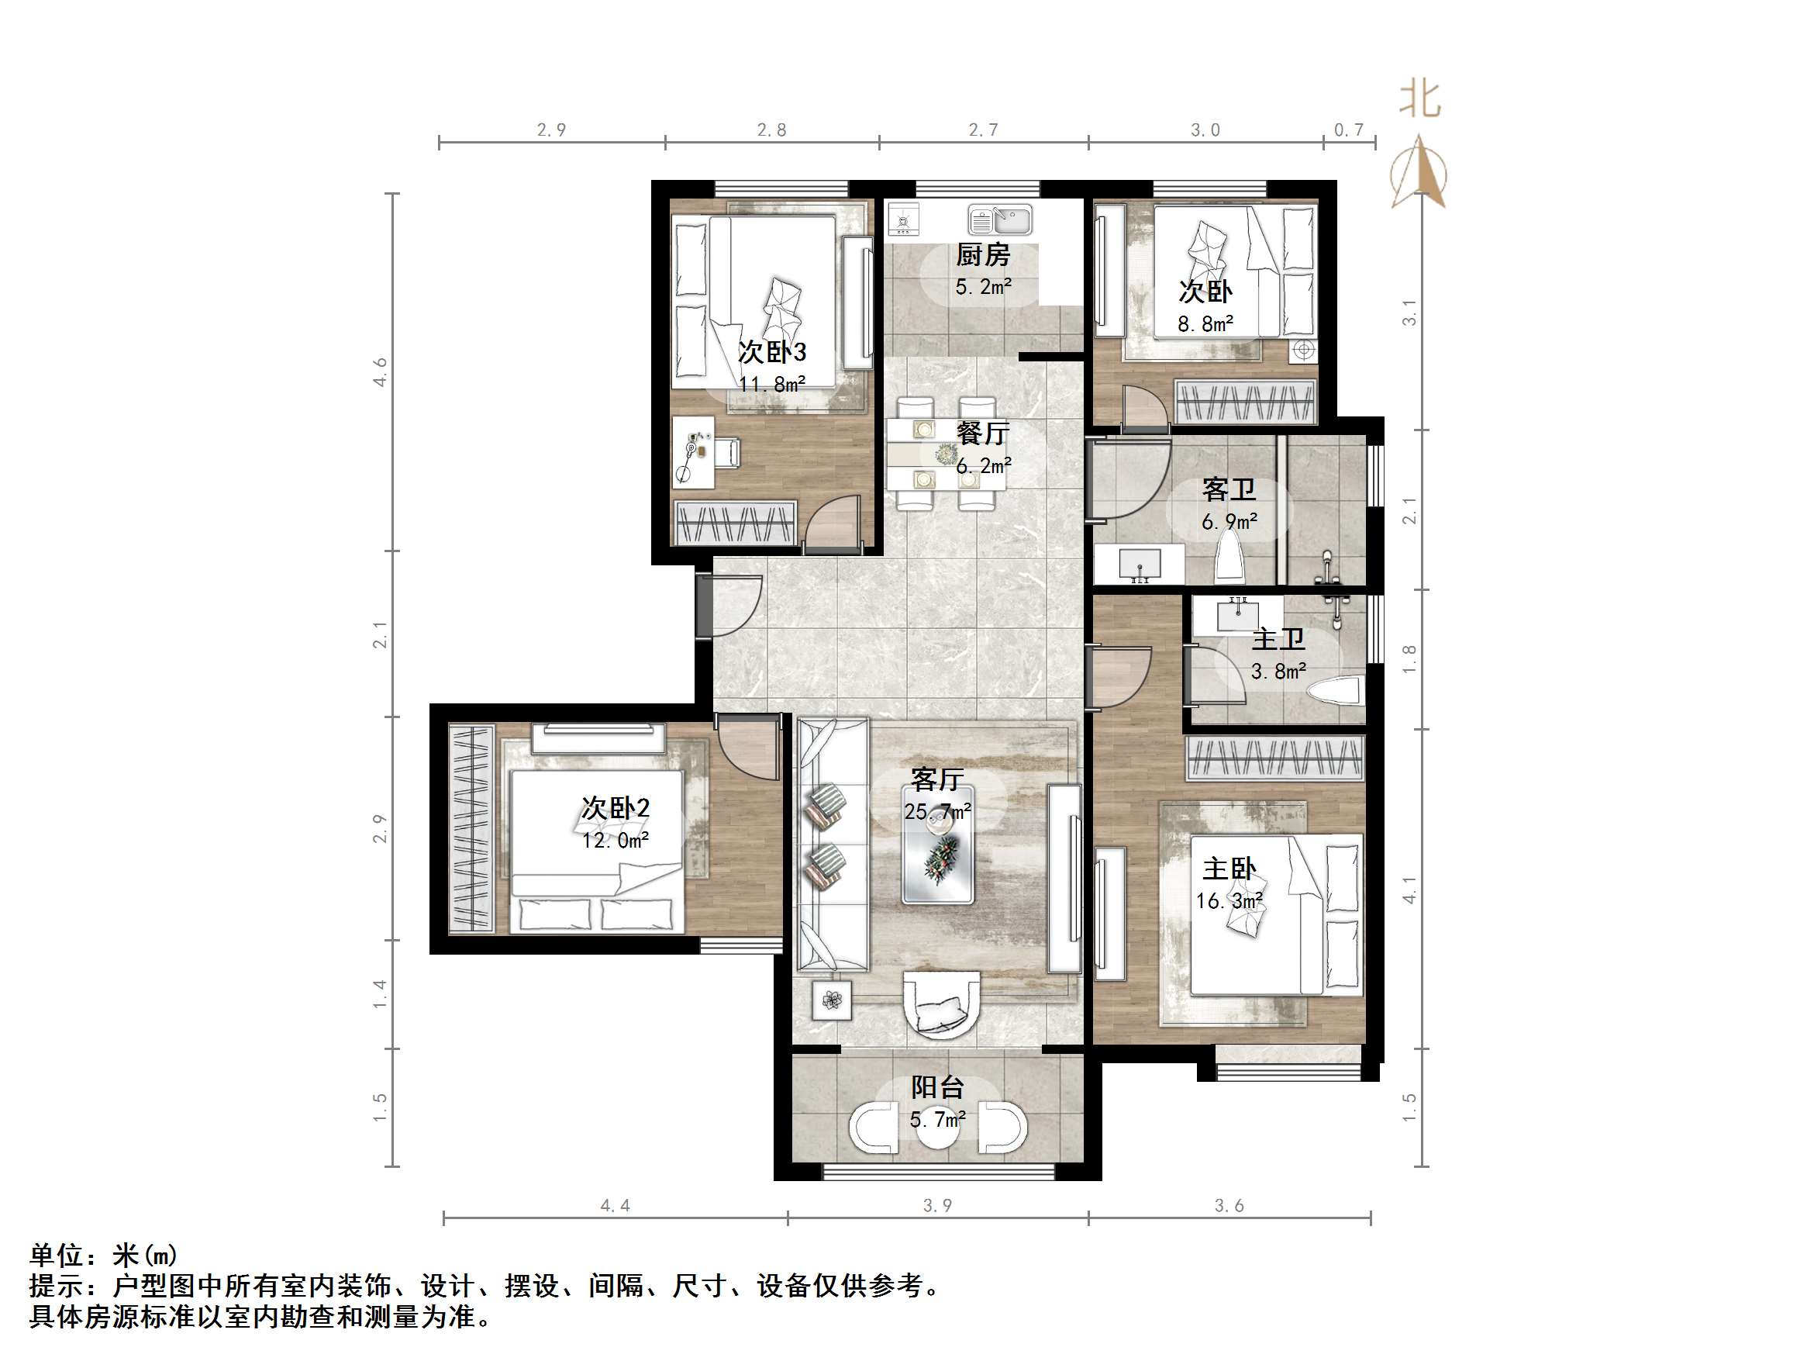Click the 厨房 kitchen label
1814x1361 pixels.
pos(982,255)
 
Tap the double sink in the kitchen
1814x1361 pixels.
pos(1000,221)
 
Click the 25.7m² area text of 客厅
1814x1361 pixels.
pos(937,812)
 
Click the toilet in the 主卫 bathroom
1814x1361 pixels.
pos(1336,691)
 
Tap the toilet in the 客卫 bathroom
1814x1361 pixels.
pos(1229,557)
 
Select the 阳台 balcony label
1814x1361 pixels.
pos(937,1088)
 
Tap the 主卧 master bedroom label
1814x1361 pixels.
pos(1229,869)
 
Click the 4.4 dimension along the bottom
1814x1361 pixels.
pos(615,1206)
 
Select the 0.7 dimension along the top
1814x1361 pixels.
pos(1348,130)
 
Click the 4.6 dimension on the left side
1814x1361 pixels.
pos(380,371)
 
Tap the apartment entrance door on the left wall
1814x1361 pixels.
pos(705,606)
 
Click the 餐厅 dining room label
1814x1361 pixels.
pos(982,434)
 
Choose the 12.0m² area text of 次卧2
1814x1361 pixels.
pos(616,840)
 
